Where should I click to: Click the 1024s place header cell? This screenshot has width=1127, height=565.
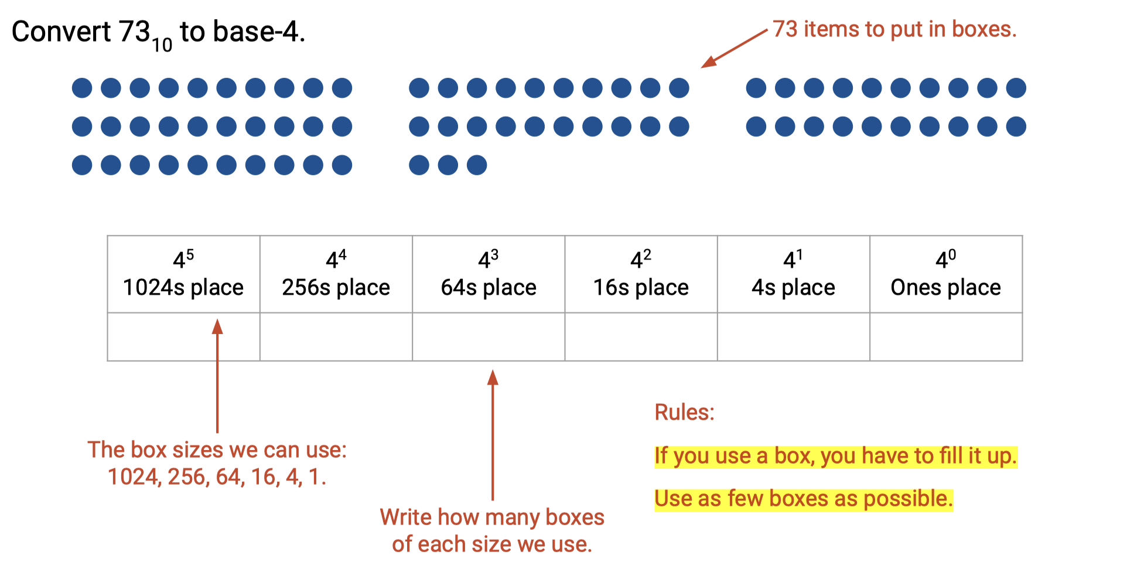184,274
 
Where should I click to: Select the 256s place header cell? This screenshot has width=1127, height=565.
336,274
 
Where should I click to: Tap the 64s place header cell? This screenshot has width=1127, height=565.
489,274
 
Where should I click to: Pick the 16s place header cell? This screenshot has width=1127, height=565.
641,274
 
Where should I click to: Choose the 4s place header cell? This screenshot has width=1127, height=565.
794,274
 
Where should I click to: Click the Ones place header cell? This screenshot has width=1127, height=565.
946,274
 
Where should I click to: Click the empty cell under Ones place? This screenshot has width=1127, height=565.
946,337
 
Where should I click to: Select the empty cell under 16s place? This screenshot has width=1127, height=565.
641,337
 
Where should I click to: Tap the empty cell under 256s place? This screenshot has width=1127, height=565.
336,337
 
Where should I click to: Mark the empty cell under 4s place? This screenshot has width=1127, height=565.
794,337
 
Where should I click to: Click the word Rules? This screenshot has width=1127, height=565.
684,412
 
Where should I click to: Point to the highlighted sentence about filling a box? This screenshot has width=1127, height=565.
836,456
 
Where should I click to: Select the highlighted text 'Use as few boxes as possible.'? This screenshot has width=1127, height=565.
804,499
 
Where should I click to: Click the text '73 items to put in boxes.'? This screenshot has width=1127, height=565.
894,29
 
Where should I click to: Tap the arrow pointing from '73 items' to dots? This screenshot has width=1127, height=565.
735,49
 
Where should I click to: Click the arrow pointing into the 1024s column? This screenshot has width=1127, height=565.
217,376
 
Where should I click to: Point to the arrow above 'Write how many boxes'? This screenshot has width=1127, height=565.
493,435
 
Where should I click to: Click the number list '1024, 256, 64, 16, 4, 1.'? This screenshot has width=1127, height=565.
217,477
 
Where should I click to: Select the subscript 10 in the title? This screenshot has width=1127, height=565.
162,45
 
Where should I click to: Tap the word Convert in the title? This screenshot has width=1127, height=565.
62,32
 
